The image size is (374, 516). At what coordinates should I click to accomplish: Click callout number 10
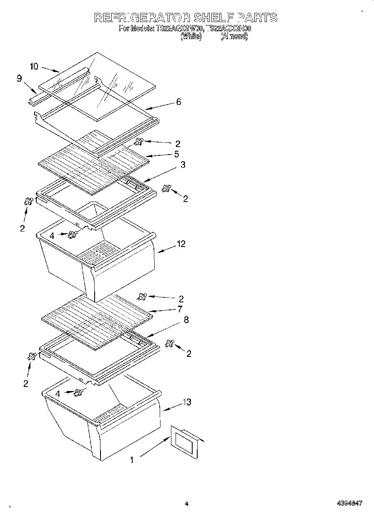click(34, 66)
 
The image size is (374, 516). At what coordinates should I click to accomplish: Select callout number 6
click(178, 102)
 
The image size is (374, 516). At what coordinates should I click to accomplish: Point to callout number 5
click(177, 154)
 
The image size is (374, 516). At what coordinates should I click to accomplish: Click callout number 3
click(183, 165)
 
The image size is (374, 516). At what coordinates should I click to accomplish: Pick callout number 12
click(181, 244)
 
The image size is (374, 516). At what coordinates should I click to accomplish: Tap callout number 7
click(180, 309)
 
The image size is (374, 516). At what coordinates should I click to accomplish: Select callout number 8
click(186, 320)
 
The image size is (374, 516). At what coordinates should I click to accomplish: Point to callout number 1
click(132, 460)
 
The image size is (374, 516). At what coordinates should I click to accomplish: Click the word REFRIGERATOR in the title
click(142, 17)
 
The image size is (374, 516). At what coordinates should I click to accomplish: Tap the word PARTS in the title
click(257, 17)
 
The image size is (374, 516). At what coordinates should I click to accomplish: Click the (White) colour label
click(191, 37)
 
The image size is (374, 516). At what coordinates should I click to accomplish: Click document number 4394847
click(349, 504)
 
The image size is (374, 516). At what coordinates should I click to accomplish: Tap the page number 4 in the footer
click(187, 504)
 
